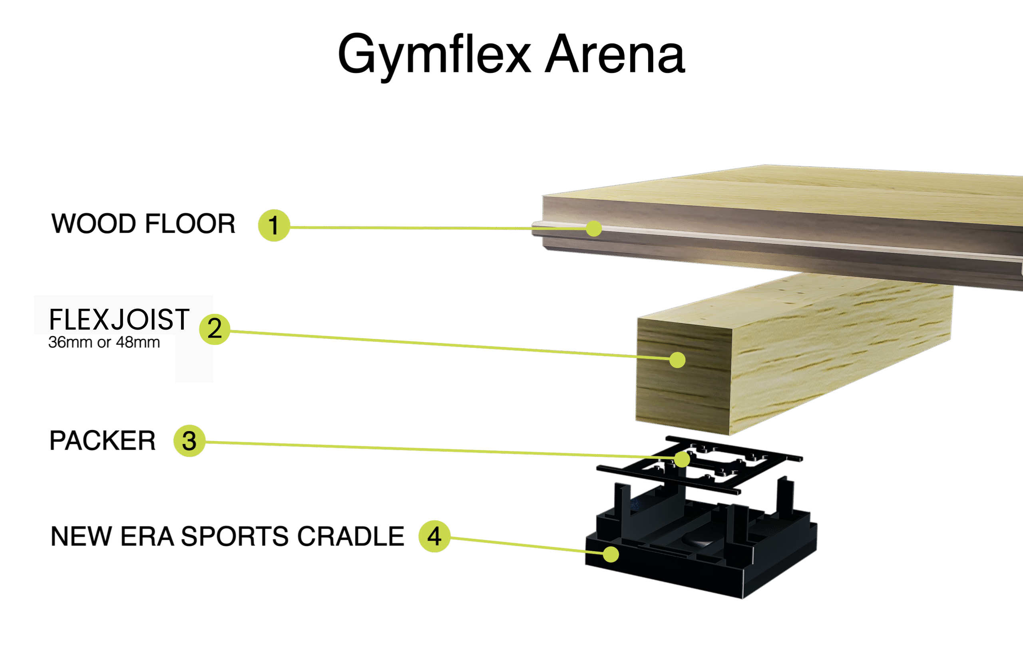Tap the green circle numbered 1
tap(274, 225)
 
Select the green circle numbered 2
tap(215, 330)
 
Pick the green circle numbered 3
tap(189, 441)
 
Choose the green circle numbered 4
tap(434, 536)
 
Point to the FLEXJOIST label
tap(119, 319)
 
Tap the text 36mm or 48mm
tap(104, 342)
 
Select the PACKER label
tap(102, 440)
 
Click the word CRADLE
tap(351, 536)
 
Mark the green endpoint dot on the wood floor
tap(593, 228)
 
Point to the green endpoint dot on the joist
tap(677, 360)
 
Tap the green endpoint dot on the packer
tap(682, 459)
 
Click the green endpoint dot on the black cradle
tap(611, 554)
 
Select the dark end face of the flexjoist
tap(684, 376)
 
